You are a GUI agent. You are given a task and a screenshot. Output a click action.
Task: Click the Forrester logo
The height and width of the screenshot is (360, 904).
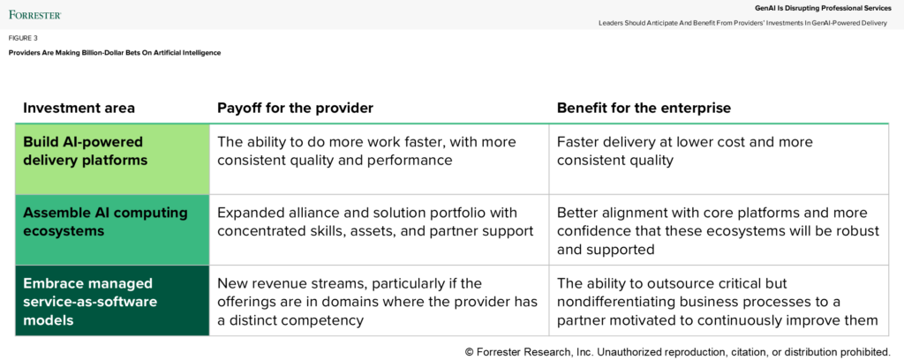[x=35, y=14]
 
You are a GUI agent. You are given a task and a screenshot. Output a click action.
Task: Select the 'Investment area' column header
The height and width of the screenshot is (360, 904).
[x=79, y=109]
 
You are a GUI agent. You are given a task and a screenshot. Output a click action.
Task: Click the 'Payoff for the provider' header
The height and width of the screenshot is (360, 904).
[x=295, y=109]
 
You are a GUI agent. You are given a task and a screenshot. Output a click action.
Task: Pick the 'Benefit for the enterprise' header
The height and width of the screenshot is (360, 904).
[x=644, y=109]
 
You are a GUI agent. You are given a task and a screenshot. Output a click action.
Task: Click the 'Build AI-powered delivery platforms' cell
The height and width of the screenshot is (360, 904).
[x=112, y=159]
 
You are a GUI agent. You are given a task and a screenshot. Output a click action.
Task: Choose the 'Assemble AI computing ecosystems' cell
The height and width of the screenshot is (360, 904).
[x=112, y=229]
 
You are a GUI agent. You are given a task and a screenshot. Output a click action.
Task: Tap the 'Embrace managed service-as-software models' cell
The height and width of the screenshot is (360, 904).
[x=112, y=301]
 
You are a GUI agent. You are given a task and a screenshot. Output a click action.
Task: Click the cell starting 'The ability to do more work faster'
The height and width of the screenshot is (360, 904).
[x=380, y=159]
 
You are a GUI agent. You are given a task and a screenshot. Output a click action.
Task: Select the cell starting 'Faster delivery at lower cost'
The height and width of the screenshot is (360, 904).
[x=719, y=159]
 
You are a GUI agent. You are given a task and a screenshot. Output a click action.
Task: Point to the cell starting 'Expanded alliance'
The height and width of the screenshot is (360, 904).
[x=380, y=229]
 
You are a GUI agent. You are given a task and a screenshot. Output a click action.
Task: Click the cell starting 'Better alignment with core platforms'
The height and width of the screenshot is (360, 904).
[x=719, y=229]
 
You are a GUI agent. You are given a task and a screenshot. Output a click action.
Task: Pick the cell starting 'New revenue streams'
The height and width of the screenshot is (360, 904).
[x=380, y=301]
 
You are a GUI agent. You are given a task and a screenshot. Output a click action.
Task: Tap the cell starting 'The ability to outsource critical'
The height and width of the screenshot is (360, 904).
[x=719, y=301]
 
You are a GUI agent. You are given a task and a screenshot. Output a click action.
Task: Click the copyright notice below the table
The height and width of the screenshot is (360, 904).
[x=677, y=352]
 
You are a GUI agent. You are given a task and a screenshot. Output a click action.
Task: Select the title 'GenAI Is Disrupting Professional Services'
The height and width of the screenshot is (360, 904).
[x=824, y=8]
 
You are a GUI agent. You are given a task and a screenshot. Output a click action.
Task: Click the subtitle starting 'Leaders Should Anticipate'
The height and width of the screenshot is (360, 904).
[x=742, y=23]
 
